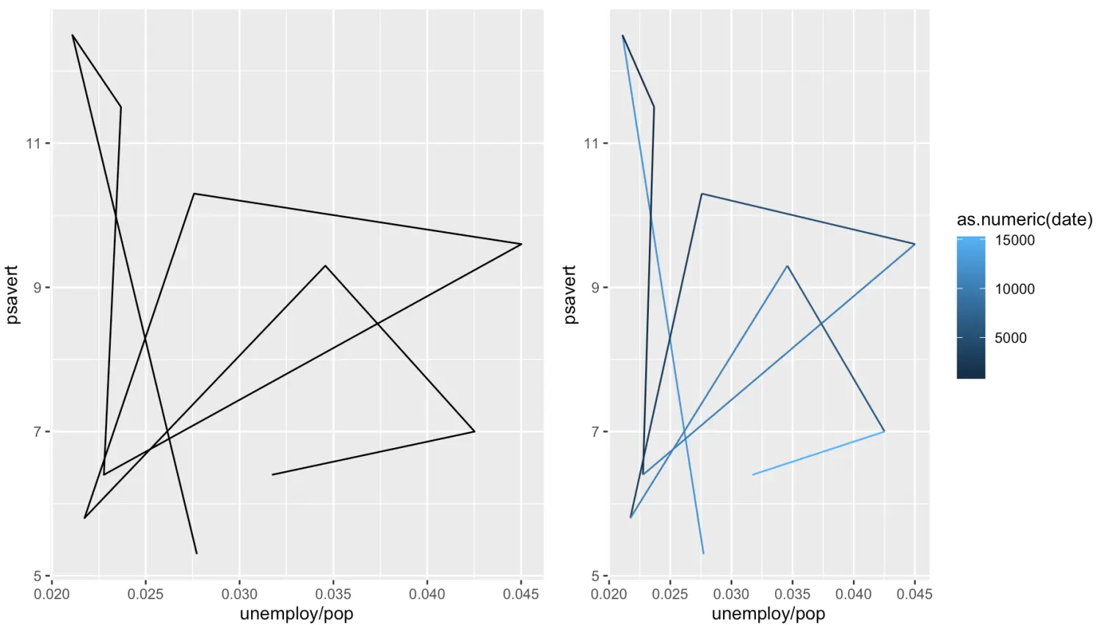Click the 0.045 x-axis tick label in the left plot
(520, 594)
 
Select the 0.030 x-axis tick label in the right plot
(731, 594)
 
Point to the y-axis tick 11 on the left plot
(34, 143)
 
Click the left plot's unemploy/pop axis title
(297, 613)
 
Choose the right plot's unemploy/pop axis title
(768, 613)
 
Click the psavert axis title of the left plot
(12, 295)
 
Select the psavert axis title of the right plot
(570, 295)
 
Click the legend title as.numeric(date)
(1024, 219)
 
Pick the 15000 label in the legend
(1014, 240)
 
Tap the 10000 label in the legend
(1014, 289)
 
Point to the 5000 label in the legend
(1010, 338)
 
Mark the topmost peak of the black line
(73, 35)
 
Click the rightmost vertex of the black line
(521, 244)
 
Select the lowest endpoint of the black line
(197, 553)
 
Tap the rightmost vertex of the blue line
(915, 244)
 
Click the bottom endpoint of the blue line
(703, 553)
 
